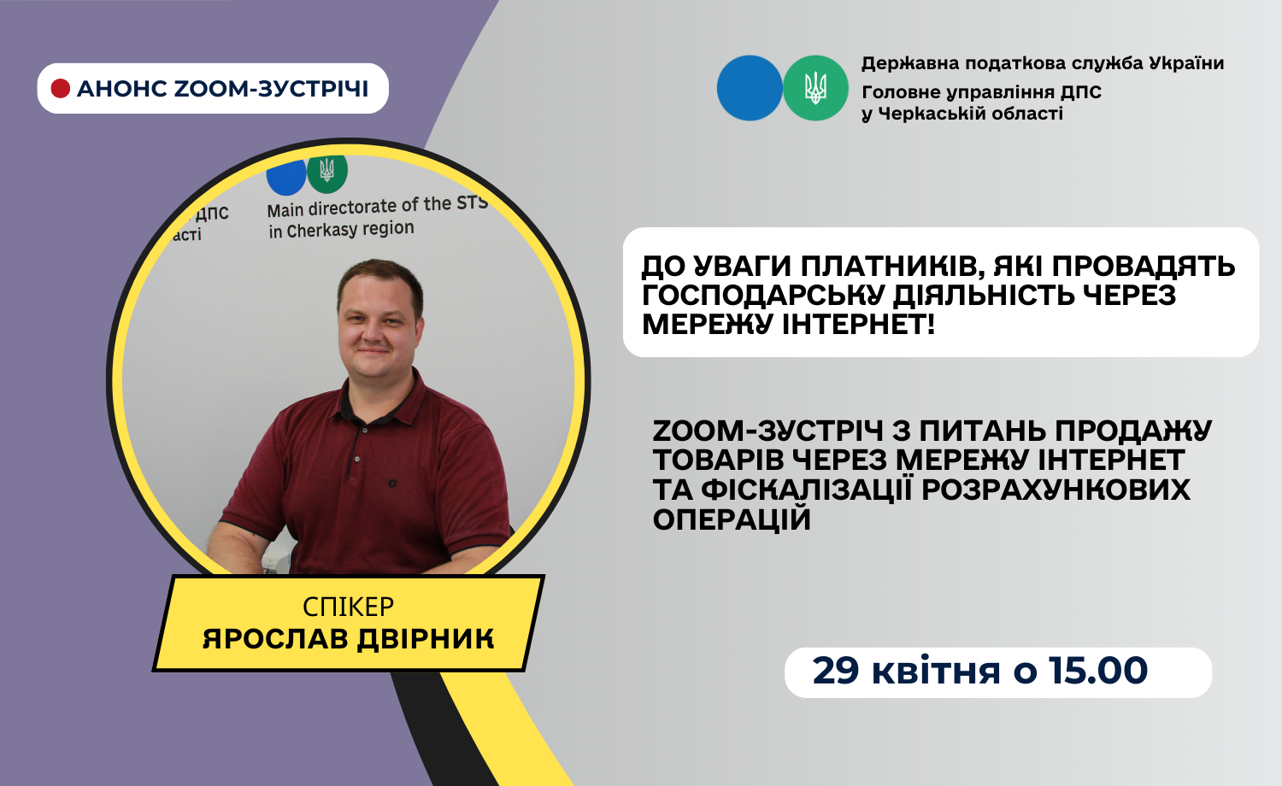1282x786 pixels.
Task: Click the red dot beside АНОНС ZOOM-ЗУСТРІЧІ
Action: (61, 89)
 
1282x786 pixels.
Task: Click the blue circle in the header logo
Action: (750, 88)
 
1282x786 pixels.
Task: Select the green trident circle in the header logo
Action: (815, 88)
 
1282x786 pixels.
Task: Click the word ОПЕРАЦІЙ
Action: (732, 519)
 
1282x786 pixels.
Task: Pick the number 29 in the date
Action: (836, 671)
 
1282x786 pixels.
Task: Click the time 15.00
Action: (1098, 671)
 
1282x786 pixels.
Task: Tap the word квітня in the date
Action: (936, 671)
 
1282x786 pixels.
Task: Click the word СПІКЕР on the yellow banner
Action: (349, 607)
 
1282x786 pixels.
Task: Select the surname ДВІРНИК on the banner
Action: (426, 639)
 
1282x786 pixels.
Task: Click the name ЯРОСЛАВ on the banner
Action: (275, 639)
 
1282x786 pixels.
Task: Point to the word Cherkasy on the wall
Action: (320, 231)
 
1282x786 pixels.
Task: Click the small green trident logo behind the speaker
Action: (327, 173)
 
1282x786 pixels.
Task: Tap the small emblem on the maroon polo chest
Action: (392, 484)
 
